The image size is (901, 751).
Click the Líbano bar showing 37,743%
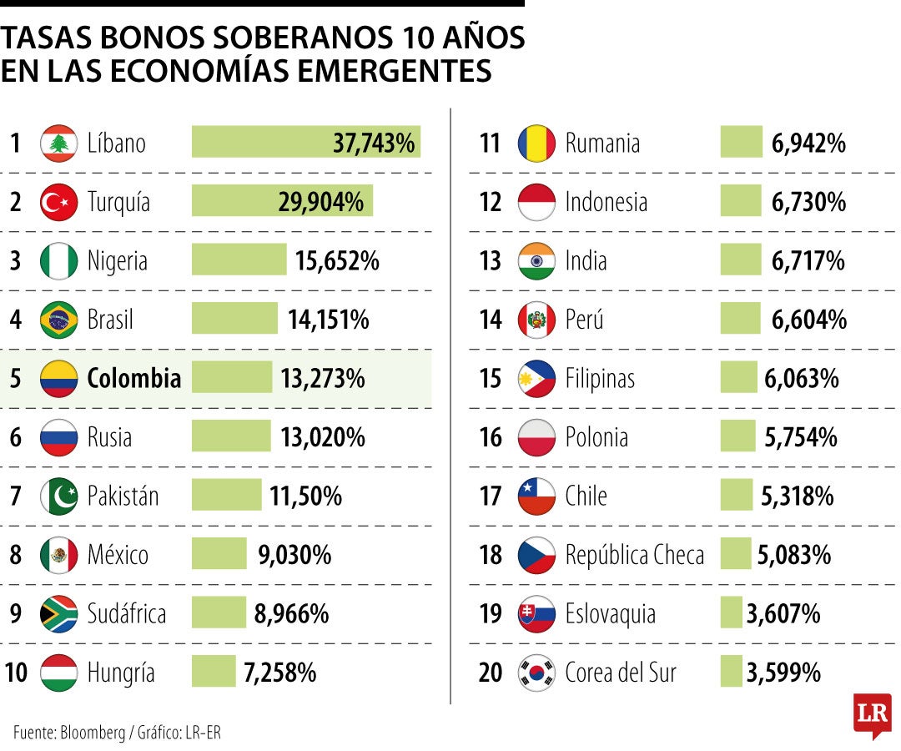[305, 142]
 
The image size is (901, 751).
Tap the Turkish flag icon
[58, 201]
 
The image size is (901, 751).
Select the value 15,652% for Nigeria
[337, 260]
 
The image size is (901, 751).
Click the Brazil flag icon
[58, 320]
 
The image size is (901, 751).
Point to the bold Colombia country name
[133, 378]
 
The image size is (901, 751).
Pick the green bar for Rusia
[231, 436]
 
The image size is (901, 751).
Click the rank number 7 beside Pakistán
[16, 496]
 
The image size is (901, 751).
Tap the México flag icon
[58, 555]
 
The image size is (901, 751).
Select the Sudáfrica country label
[127, 614]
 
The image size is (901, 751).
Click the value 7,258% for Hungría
[280, 673]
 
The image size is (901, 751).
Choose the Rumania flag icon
[536, 143]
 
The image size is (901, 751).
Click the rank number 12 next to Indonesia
[491, 202]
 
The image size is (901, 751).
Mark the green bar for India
[741, 260]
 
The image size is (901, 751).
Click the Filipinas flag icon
[536, 379]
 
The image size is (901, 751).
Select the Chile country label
[586, 496]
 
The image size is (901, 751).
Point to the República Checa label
[634, 555]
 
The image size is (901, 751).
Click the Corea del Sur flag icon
[536, 673]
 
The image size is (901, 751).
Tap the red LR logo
[872, 713]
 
